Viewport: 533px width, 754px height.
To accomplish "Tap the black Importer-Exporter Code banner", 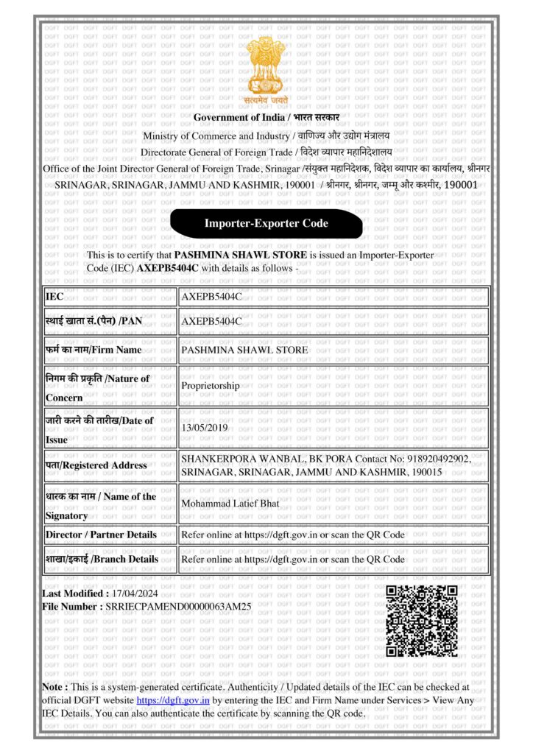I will click(x=266, y=223).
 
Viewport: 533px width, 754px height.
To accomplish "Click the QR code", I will click(x=422, y=621).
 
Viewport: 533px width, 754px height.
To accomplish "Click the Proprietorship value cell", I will click(x=211, y=385).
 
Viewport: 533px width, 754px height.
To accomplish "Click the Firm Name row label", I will click(x=93, y=350).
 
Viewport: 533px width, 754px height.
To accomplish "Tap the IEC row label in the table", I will click(x=55, y=296).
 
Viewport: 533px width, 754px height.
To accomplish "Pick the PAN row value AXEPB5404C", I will click(x=211, y=321).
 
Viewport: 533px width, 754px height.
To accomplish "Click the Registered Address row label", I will click(x=96, y=465).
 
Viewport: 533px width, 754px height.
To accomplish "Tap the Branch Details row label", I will click(x=102, y=559).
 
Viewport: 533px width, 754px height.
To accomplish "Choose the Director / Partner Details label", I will click(x=101, y=534).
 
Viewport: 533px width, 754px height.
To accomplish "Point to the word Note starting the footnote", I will click(x=55, y=686).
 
